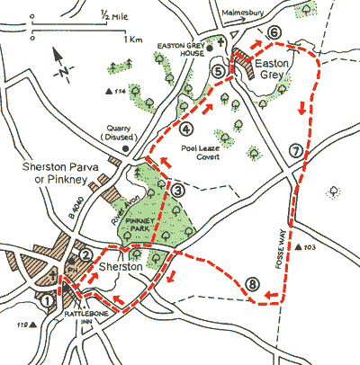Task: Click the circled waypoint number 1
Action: [x=46, y=302]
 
